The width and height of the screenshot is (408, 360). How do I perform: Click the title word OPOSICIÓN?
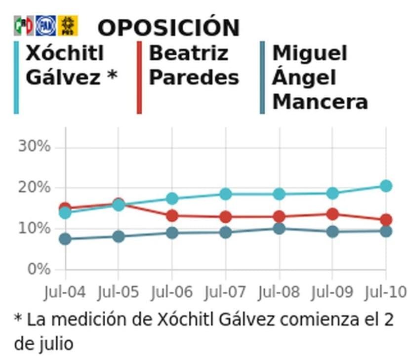[168, 28]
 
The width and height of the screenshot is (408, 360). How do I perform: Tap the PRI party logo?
[23, 26]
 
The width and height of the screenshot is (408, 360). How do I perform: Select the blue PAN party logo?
[45, 26]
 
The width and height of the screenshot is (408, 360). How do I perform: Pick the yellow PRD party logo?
[68, 26]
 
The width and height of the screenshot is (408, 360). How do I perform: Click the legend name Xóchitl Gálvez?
[71, 65]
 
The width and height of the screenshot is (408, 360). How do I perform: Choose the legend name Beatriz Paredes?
[194, 65]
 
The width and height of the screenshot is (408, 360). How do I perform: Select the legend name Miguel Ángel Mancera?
[320, 78]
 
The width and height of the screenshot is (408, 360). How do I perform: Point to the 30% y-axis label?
[34, 147]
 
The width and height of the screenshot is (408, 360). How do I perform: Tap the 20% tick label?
[34, 188]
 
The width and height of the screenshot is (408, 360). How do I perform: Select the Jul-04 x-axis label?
[65, 292]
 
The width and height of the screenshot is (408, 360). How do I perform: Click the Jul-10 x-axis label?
[385, 292]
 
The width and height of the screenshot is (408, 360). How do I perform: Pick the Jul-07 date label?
[225, 292]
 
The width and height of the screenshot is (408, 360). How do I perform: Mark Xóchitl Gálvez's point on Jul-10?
[386, 186]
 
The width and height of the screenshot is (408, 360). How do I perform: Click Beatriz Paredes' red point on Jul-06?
[172, 216]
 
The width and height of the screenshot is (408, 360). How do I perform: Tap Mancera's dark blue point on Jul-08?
[279, 229]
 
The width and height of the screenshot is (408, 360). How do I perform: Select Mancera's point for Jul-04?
[65, 239]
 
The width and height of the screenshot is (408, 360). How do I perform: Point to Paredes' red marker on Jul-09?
[332, 214]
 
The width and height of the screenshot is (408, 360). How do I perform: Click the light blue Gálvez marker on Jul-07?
[226, 194]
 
